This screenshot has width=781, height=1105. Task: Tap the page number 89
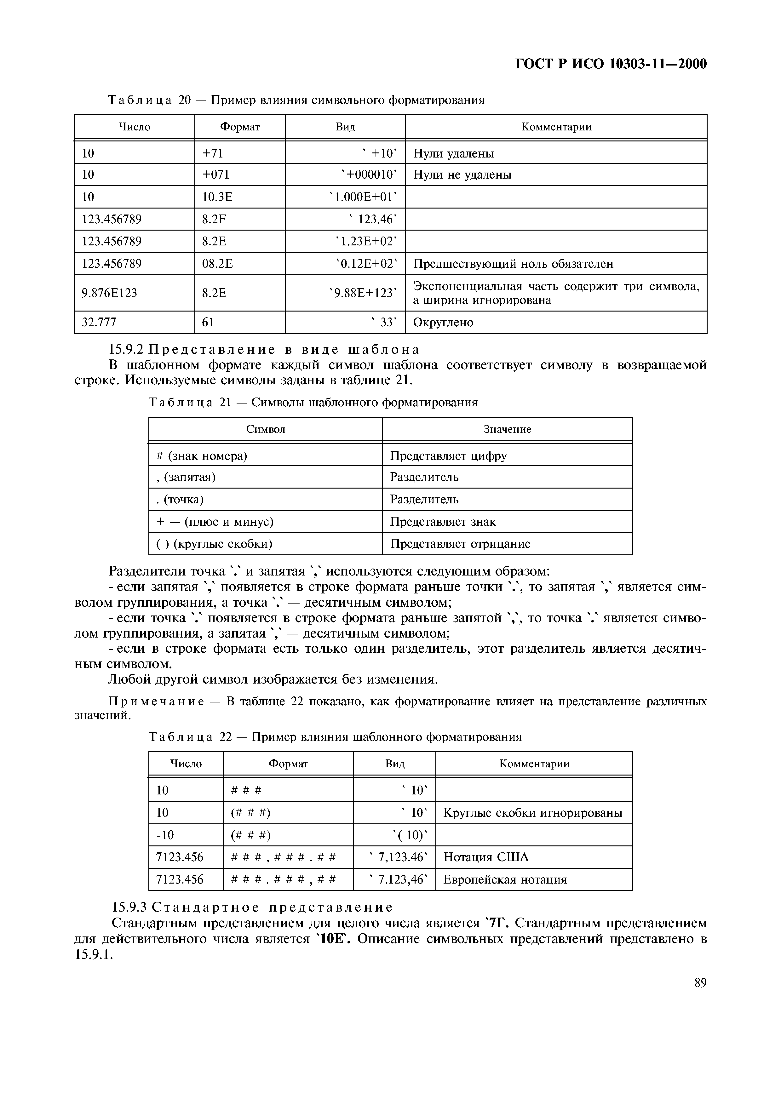coord(700,983)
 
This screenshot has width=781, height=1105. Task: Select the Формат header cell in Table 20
coord(240,127)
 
